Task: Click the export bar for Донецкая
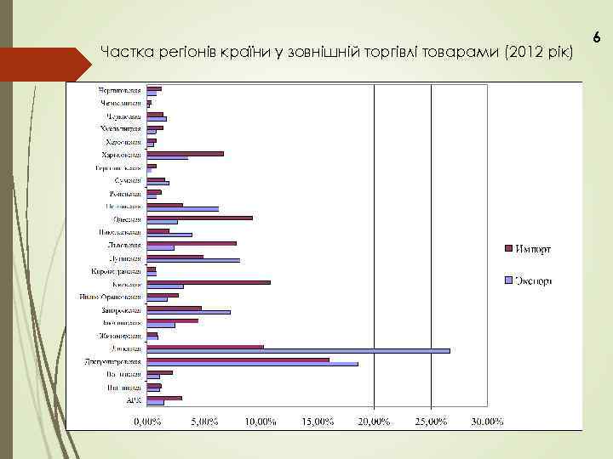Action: point(298,350)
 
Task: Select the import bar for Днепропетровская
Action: point(238,360)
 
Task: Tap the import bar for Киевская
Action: point(209,281)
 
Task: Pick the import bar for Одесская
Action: point(199,218)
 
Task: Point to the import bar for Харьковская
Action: point(185,154)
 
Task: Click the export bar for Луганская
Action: point(193,260)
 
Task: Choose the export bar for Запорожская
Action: point(188,312)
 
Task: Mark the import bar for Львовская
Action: point(192,243)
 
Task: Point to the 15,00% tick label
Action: point(318,421)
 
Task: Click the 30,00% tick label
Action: point(487,421)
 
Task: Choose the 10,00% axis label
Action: point(261,421)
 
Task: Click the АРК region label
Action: point(134,400)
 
